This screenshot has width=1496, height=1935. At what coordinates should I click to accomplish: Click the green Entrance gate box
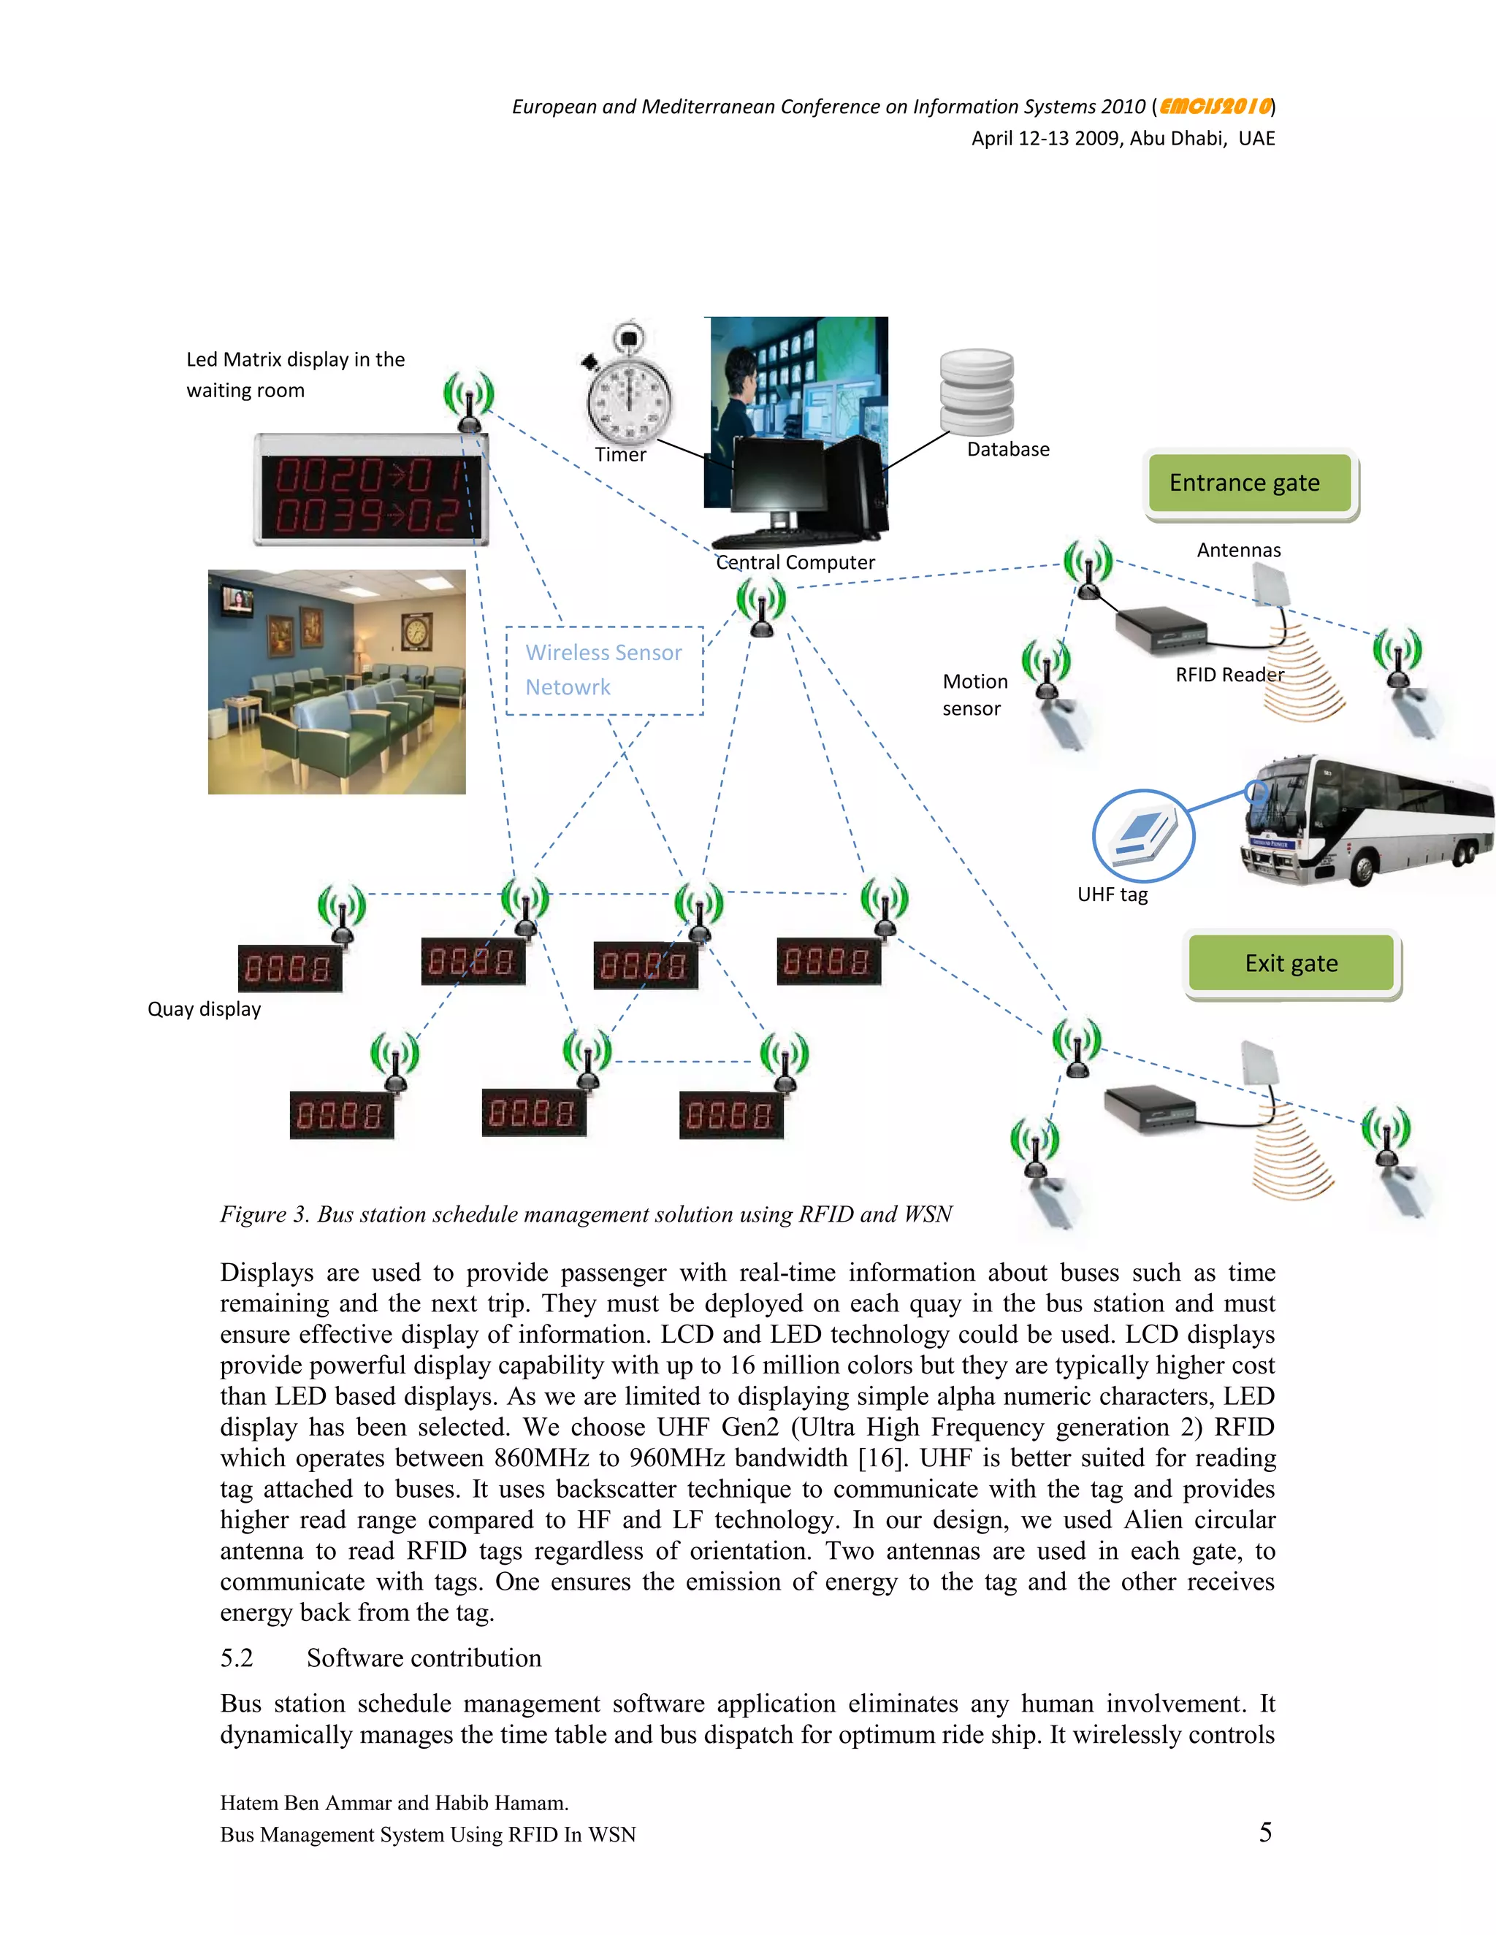pyautogui.click(x=1250, y=483)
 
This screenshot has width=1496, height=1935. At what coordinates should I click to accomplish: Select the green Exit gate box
pyautogui.click(x=1291, y=963)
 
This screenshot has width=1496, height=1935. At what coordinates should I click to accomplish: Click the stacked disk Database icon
pyautogui.click(x=977, y=391)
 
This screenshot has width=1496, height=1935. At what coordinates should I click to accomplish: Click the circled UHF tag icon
pyautogui.click(x=1142, y=835)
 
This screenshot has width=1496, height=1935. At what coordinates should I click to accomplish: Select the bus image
pyautogui.click(x=1365, y=819)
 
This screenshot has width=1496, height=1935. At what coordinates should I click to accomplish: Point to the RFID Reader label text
pyautogui.click(x=1229, y=675)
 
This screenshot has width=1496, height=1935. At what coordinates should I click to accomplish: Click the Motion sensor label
pyautogui.click(x=974, y=694)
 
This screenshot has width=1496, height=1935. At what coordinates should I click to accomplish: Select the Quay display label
pyautogui.click(x=204, y=1009)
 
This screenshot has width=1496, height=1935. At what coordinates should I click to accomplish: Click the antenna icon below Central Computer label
pyautogui.click(x=761, y=607)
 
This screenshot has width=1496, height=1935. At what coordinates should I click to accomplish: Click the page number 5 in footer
pyautogui.click(x=1264, y=1832)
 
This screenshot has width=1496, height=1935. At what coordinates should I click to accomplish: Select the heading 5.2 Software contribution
pyautogui.click(x=381, y=1658)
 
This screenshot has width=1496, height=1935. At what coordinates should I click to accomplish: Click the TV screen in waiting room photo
pyautogui.click(x=237, y=602)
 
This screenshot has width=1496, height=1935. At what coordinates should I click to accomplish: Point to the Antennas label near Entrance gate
pyautogui.click(x=1238, y=551)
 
